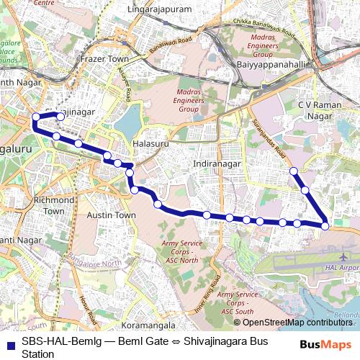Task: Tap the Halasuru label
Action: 150,144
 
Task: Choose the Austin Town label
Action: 111,215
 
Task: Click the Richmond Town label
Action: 54,205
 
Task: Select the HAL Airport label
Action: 342,267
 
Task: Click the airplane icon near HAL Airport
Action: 342,256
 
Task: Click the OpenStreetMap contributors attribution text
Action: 297,323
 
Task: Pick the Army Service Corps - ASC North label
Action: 179,251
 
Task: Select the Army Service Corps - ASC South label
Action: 237,302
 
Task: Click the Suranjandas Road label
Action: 270,140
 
